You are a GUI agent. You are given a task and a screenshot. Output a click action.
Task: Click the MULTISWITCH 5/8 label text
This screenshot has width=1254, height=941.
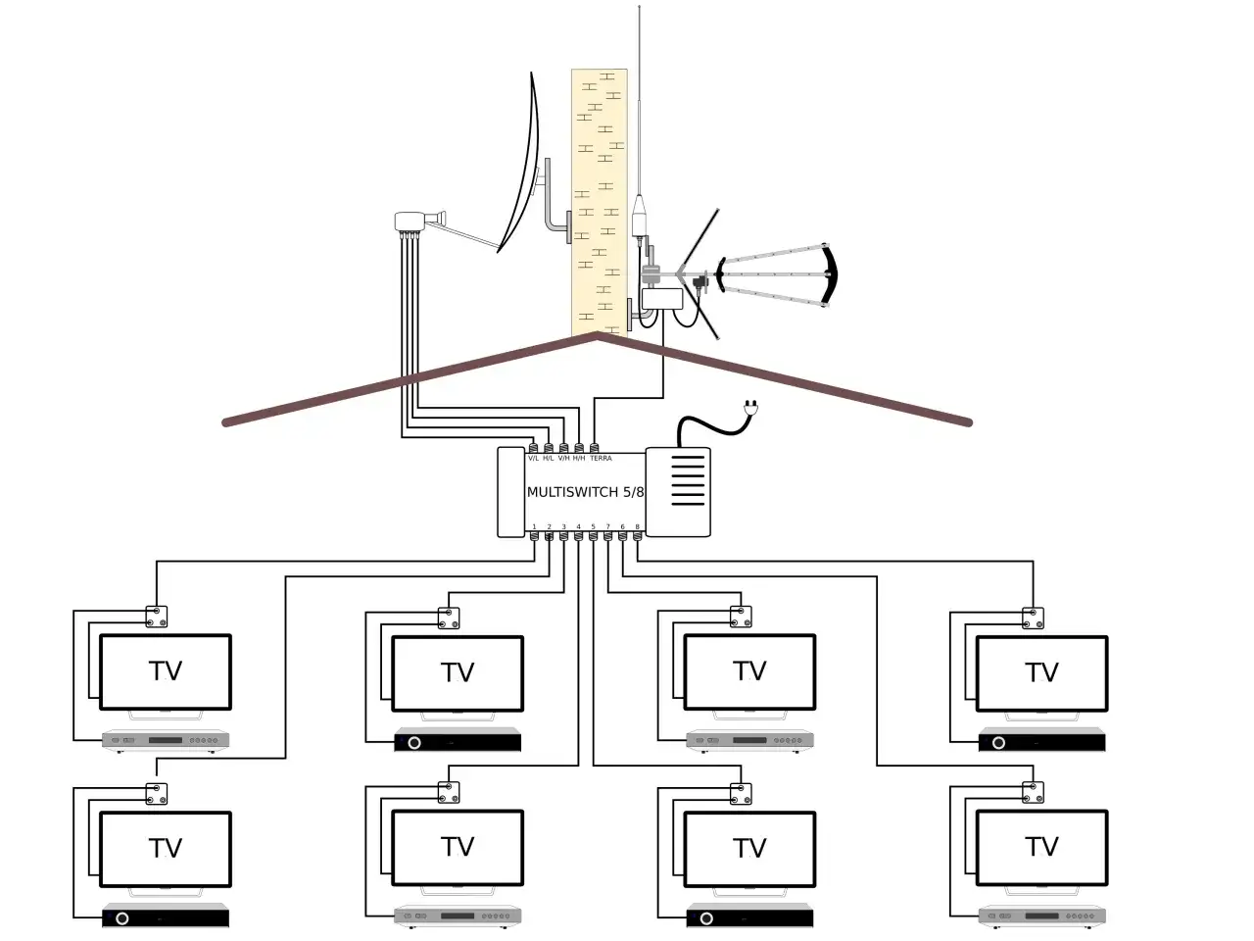coord(585,492)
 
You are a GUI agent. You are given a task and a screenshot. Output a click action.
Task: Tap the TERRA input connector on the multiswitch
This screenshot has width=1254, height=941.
coord(595,448)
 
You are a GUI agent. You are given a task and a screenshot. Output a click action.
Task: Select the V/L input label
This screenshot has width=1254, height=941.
coord(534,459)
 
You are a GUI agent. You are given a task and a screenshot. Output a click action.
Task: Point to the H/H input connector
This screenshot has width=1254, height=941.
coord(579,448)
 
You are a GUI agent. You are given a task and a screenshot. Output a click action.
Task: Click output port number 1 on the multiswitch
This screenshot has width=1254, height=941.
coord(534,535)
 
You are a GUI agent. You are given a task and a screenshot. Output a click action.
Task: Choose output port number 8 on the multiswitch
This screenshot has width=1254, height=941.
coord(638,535)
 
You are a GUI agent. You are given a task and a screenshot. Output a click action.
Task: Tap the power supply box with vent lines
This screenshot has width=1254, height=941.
coord(678,492)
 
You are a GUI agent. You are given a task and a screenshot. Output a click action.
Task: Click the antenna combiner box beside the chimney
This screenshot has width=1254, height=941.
coord(662,298)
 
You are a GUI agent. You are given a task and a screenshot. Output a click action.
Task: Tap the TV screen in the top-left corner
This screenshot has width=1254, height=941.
coord(166,671)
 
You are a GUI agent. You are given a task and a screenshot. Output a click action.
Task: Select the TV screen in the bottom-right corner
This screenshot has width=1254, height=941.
coord(1041,847)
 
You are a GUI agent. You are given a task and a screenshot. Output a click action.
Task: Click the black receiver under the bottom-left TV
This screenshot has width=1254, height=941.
coord(166,918)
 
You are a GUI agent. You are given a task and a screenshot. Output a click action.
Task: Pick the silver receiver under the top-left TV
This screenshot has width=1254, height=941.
coord(166,740)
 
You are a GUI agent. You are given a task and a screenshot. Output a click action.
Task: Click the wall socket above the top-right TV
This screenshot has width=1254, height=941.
coord(1033,618)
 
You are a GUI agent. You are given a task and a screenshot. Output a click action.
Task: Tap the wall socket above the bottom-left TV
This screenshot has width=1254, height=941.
coord(157,793)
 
